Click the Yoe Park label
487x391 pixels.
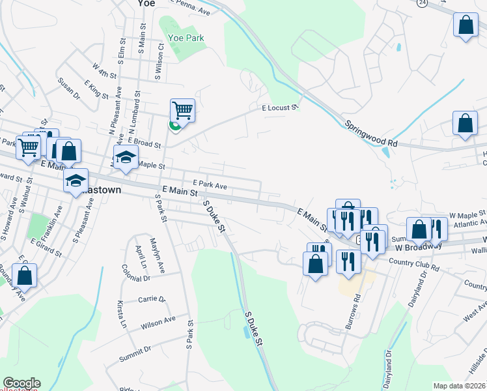pyautogui.click(x=186, y=38)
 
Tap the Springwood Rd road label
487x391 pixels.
pyautogui.click(x=370, y=132)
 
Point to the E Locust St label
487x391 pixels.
pyautogui.click(x=279, y=108)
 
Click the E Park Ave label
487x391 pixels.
pyautogui.click(x=210, y=185)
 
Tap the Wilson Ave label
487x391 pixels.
pyautogui.click(x=157, y=321)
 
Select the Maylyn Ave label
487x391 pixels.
pyautogui.click(x=157, y=254)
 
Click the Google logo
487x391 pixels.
pyautogui.click(x=21, y=384)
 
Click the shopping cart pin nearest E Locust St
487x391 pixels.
pyautogui.click(x=183, y=110)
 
